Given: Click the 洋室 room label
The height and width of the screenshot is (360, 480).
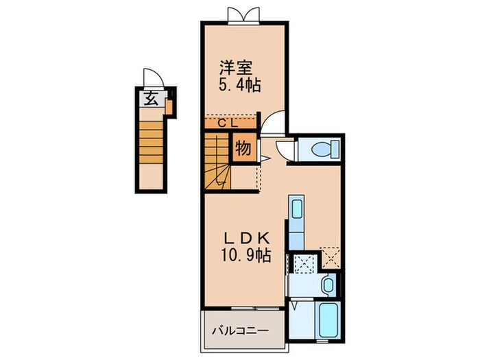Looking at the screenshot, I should coord(237,68).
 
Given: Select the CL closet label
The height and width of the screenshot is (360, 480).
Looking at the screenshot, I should coord(228,123).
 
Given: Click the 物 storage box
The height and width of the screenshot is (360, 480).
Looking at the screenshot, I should coord(242,147).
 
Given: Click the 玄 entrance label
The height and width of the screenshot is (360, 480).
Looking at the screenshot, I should coord(152,97).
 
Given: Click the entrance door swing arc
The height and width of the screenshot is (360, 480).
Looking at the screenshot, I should coord(151,77).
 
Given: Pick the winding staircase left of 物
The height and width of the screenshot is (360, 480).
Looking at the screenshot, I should coord(217,163).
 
